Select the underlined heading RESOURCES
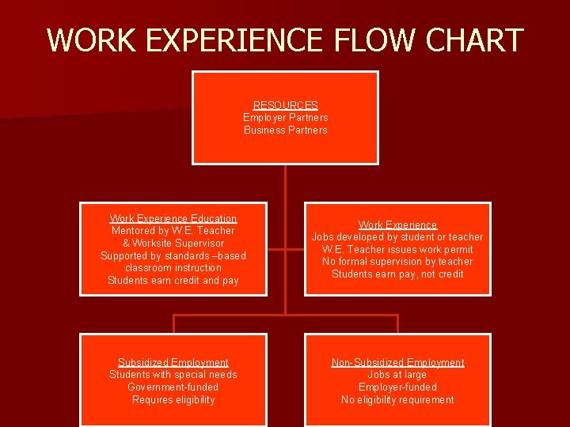coord(285,105)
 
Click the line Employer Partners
coord(285,118)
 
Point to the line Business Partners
coord(285,130)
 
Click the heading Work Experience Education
coord(173,218)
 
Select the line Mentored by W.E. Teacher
coord(173,231)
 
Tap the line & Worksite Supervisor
coord(173,244)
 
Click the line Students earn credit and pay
coord(173,281)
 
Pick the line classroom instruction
coord(173,268)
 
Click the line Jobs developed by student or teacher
coord(397,237)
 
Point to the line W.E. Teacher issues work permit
coord(397,250)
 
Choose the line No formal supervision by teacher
coord(397,262)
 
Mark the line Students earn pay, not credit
coord(397,274)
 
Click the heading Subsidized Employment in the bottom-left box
coord(173,362)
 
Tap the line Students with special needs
coord(173,375)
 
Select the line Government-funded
coord(173,387)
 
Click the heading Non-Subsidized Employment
coord(397,362)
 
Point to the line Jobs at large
coord(397,375)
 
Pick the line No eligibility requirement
coord(397,400)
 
